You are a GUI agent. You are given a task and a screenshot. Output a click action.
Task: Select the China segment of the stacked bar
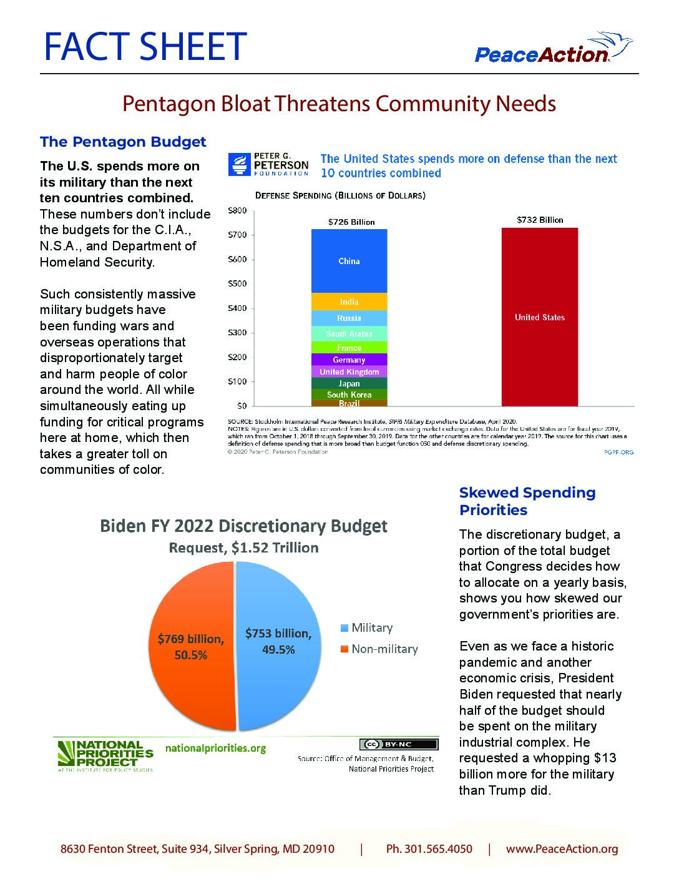(x=349, y=261)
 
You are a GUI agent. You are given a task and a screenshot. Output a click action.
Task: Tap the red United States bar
(x=539, y=317)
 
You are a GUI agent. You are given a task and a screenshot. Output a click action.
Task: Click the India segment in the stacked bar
(x=349, y=302)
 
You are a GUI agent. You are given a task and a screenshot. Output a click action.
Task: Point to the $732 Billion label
(x=539, y=220)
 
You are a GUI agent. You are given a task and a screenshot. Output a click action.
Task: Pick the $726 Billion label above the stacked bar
(x=351, y=222)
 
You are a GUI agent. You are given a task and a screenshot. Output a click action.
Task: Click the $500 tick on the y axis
(x=237, y=283)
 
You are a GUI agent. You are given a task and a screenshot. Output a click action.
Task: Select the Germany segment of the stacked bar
(x=349, y=360)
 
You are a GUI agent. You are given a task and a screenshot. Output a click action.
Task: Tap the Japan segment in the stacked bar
(x=349, y=383)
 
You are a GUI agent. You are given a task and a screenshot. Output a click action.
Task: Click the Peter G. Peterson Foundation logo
(x=268, y=165)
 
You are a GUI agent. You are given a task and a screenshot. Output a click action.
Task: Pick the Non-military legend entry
(x=379, y=649)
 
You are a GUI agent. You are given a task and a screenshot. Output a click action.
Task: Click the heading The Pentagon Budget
(x=123, y=142)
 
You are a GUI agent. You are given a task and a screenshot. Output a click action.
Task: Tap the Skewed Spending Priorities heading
(x=527, y=501)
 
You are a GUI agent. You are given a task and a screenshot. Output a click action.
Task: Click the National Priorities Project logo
(x=105, y=755)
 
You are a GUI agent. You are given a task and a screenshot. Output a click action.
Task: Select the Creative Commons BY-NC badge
(x=399, y=744)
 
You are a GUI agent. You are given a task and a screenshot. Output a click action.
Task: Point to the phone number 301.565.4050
(x=429, y=849)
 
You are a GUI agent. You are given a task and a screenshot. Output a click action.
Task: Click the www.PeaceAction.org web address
(x=562, y=849)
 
